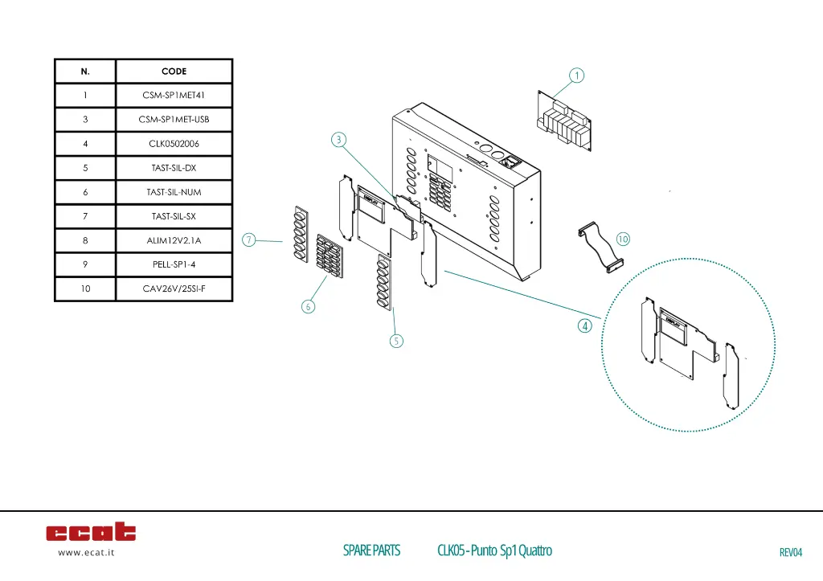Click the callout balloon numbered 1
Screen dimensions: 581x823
pyautogui.click(x=575, y=76)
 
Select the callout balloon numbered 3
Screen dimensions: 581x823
pyautogui.click(x=339, y=140)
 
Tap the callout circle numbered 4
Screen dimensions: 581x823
pyautogui.click(x=584, y=326)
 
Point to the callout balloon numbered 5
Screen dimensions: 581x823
pyautogui.click(x=396, y=341)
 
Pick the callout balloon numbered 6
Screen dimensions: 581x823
pyautogui.click(x=309, y=306)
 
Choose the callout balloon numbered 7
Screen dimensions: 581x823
pyautogui.click(x=250, y=239)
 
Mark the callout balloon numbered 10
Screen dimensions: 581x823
pyautogui.click(x=623, y=239)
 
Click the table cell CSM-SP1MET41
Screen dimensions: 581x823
pyautogui.click(x=174, y=96)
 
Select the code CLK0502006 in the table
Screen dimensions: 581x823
pyautogui.click(x=174, y=144)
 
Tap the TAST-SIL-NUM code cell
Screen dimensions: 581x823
pyautogui.click(x=174, y=192)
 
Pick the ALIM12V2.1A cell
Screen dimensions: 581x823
pyautogui.click(x=174, y=240)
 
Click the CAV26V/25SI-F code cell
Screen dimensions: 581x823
pyautogui.click(x=174, y=288)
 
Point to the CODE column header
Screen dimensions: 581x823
pyautogui.click(x=174, y=72)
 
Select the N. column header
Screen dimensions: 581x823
pyautogui.click(x=85, y=72)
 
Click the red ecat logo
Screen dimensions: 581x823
pyautogui.click(x=91, y=532)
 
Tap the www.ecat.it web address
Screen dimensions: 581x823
pyautogui.click(x=86, y=553)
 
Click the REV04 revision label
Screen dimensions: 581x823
pyautogui.click(x=791, y=552)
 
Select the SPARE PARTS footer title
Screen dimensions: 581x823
pyautogui.click(x=371, y=550)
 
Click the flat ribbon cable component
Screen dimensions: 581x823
pyautogui.click(x=601, y=247)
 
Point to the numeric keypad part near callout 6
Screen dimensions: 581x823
pyautogui.click(x=330, y=255)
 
